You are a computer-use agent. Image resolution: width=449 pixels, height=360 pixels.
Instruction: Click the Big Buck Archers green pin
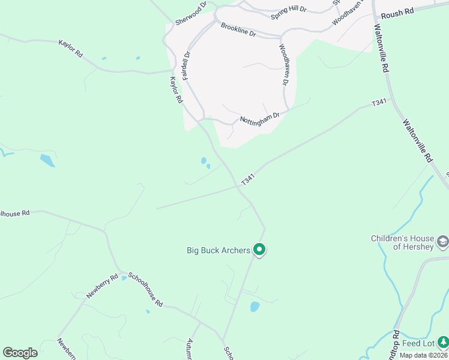[x=259, y=249]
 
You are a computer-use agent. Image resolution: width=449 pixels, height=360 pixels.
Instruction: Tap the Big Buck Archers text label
[x=218, y=250]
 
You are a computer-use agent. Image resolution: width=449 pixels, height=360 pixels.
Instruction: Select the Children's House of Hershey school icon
[x=443, y=242]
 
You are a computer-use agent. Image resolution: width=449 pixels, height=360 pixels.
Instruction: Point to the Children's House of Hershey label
[x=402, y=242]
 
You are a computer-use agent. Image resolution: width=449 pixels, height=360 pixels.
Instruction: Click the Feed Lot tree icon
[x=443, y=343]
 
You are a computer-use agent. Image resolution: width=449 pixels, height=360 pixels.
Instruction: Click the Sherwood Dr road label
[x=191, y=13]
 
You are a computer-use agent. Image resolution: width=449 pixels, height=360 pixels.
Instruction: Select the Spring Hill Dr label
[x=289, y=10]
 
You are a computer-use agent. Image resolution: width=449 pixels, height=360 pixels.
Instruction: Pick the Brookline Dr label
[x=238, y=30]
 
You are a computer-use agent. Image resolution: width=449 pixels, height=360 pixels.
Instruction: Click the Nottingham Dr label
[x=260, y=116]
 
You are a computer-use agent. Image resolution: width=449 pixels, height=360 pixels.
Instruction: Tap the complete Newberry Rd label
[x=100, y=286]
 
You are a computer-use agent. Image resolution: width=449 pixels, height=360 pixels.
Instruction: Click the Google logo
[x=20, y=353]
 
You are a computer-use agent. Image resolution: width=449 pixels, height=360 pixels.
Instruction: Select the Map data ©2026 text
[x=423, y=355]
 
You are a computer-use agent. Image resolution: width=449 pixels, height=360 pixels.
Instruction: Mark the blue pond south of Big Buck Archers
[x=255, y=307]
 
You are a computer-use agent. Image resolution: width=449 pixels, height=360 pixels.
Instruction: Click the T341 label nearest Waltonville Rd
[x=379, y=103]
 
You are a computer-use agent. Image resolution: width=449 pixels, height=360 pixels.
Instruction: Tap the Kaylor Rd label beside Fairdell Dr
[x=175, y=91]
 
